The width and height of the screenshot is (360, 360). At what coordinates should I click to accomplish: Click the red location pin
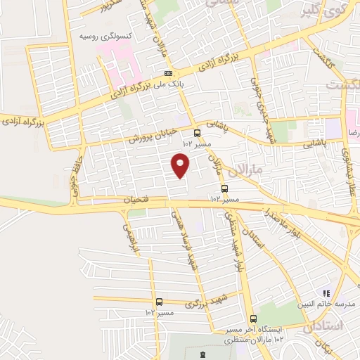(181, 165)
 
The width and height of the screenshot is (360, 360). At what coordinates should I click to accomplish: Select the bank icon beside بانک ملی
(169, 73)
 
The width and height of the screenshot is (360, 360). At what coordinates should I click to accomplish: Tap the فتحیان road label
(139, 200)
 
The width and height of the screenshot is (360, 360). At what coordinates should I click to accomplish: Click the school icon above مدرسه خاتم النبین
(326, 292)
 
